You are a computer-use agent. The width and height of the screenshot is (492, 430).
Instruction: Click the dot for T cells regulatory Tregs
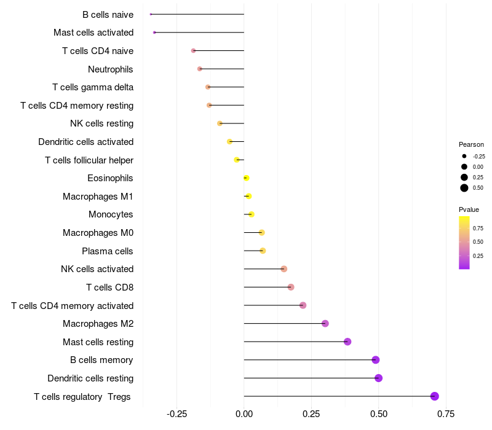pyautogui.click(x=435, y=396)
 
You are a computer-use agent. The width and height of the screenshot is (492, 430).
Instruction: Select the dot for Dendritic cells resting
pyautogui.click(x=378, y=378)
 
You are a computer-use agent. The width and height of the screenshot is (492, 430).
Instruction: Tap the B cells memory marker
pyautogui.click(x=376, y=360)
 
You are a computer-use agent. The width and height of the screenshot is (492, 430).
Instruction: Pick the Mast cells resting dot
pyautogui.click(x=347, y=342)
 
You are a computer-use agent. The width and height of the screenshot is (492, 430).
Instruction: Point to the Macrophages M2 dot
pyautogui.click(x=325, y=324)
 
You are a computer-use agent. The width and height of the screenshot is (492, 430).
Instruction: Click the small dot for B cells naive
pyautogui.click(x=151, y=14)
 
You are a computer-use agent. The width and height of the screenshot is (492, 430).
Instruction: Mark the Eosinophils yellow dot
pyautogui.click(x=246, y=178)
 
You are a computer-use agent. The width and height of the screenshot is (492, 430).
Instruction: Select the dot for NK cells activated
pyautogui.click(x=284, y=269)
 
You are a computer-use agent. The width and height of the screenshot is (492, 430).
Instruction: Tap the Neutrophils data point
pyautogui.click(x=199, y=69)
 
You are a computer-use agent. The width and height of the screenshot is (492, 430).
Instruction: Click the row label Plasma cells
pyautogui.click(x=108, y=251)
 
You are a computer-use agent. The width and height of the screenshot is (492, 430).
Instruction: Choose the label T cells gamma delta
pyautogui.click(x=93, y=87)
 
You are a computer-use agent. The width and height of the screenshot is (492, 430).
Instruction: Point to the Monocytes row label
pyautogui.click(x=111, y=214)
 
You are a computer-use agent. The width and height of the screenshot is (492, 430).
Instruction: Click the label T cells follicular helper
pyautogui.click(x=89, y=160)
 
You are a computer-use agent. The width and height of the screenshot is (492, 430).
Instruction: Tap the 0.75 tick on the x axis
pyautogui.click(x=446, y=414)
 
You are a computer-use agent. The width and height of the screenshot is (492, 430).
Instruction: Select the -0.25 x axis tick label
pyautogui.click(x=177, y=414)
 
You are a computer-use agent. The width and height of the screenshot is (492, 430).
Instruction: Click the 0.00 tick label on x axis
pyautogui.click(x=244, y=414)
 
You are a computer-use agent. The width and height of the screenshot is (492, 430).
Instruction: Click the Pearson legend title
pyautogui.click(x=471, y=144)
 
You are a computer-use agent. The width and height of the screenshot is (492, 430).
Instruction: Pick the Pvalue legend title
pyautogui.click(x=469, y=209)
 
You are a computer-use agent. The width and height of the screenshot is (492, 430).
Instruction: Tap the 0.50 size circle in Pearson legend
pyautogui.click(x=464, y=188)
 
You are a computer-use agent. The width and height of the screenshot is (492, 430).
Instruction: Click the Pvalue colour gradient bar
pyautogui.click(x=464, y=242)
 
